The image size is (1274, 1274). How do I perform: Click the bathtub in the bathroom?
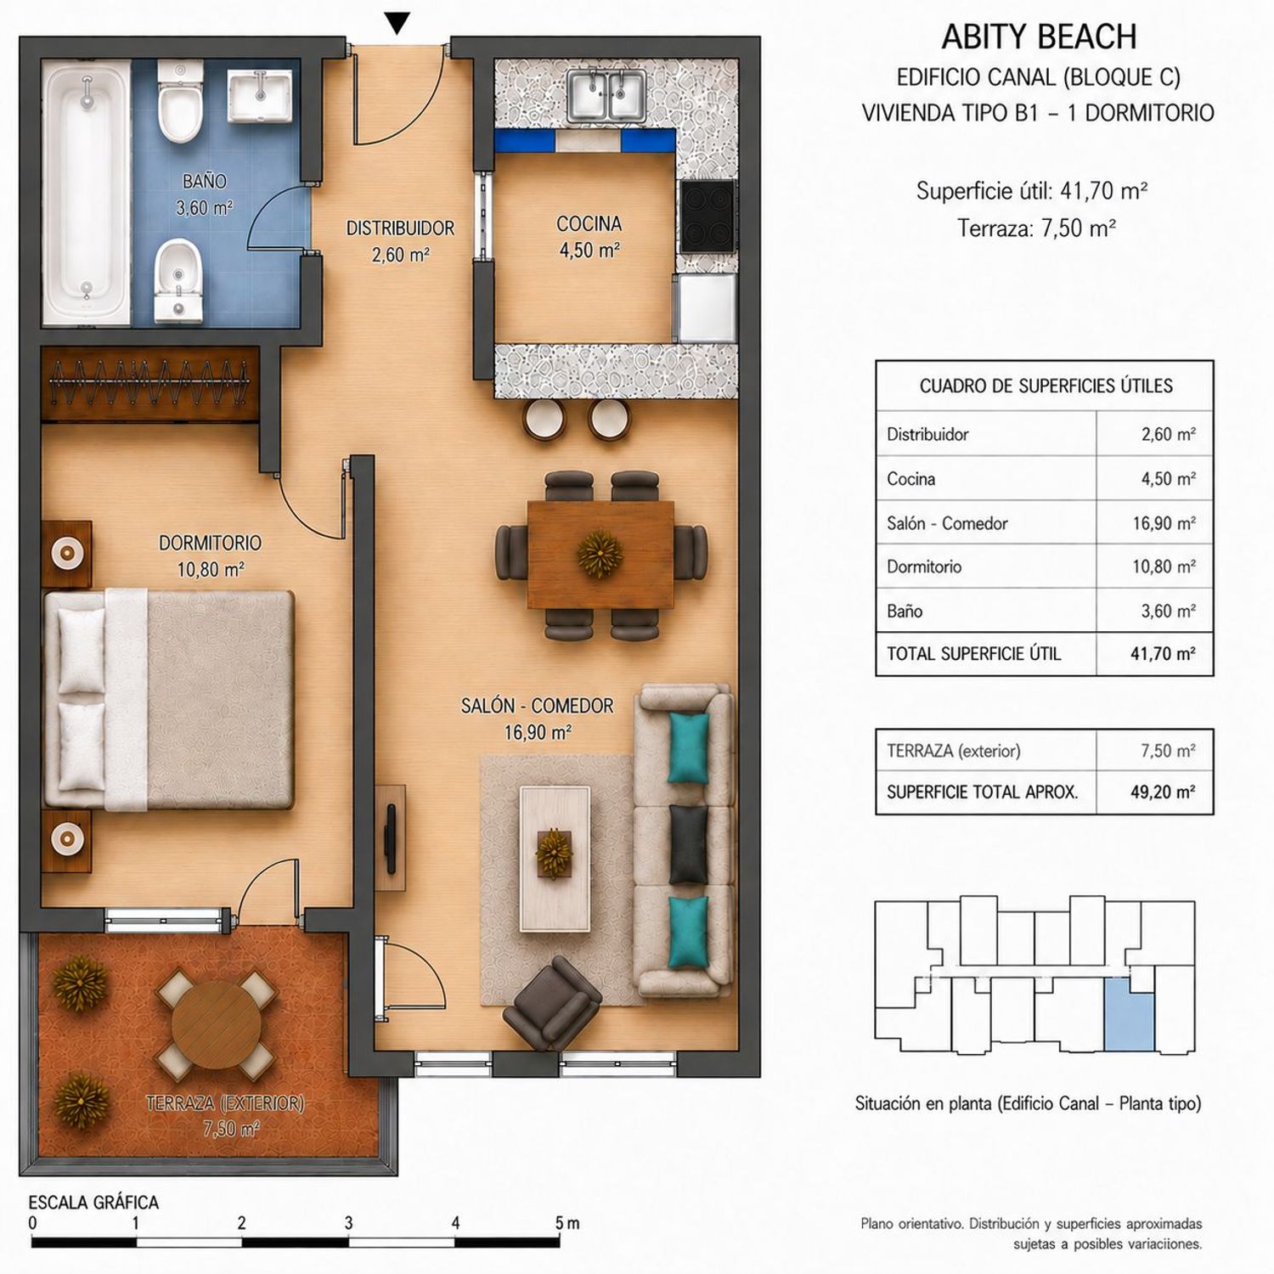(87, 192)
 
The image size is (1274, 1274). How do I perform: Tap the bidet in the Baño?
(180, 281)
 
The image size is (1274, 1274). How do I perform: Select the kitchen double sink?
(606, 94)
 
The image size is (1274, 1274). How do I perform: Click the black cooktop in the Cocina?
(707, 214)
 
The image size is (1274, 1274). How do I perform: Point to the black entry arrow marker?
(397, 24)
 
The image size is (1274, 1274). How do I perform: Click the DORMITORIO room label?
(211, 543)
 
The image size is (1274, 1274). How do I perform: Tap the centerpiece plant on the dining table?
(600, 554)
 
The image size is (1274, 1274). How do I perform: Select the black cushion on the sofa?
(688, 843)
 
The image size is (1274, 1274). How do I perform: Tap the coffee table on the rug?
(555, 858)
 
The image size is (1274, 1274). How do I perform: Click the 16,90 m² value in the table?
(1164, 523)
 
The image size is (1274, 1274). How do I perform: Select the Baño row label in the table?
(905, 611)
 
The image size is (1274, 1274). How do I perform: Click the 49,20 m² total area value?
(1163, 792)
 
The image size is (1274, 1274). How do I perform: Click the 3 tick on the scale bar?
(348, 1223)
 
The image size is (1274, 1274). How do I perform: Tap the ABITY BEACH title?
(1039, 37)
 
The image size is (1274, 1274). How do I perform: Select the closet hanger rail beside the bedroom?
(149, 382)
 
